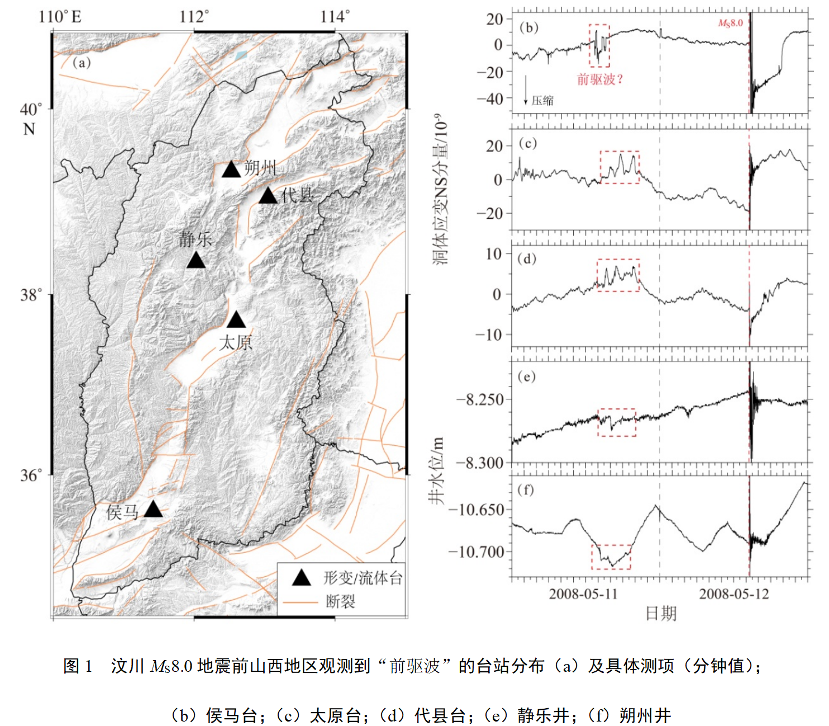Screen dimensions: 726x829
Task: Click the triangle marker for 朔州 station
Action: coord(231,170)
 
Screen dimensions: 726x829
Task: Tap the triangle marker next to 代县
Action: coord(268,196)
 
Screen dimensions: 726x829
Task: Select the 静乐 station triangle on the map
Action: coord(196,260)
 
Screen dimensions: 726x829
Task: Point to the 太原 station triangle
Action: coord(236,320)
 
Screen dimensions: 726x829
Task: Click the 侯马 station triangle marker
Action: coord(153,509)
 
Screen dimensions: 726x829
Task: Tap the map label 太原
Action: coord(235,342)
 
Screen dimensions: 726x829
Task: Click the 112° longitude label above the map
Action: coord(194,16)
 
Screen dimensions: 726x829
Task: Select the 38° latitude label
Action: coord(31,295)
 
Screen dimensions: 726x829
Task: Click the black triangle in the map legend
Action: coord(302,578)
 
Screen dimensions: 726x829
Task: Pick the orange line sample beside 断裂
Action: coord(301,602)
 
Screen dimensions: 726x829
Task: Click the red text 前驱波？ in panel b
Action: coord(599,79)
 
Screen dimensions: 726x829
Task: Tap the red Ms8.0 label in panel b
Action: coord(730,23)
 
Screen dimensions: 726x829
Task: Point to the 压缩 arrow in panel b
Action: coord(526,90)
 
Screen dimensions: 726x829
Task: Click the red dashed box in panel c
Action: coord(620,167)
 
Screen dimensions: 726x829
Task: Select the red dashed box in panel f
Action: coord(611,557)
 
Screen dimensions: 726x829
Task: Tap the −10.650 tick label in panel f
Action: coord(477,509)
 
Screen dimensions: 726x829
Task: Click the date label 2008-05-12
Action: coord(733,594)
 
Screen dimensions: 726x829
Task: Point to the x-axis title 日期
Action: coord(661,613)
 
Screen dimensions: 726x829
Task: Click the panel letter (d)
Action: coord(527,259)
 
